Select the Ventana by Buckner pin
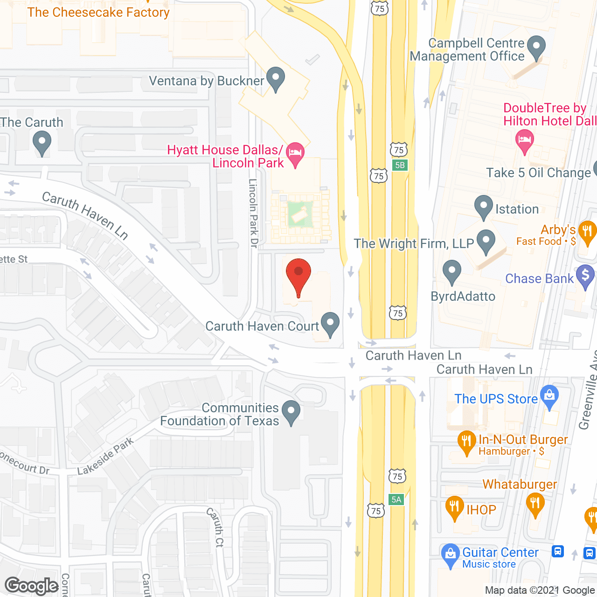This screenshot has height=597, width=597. pyautogui.click(x=276, y=79)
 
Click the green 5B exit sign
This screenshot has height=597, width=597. pyautogui.click(x=400, y=165)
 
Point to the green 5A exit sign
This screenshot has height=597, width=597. pyautogui.click(x=396, y=500)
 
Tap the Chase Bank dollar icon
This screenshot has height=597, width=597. pyautogui.click(x=585, y=276)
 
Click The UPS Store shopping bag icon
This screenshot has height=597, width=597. pyautogui.click(x=549, y=397)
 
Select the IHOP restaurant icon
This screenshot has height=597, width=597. pyautogui.click(x=454, y=508)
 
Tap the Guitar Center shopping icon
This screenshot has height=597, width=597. pyautogui.click(x=451, y=555)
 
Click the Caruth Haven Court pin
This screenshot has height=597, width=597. pyautogui.click(x=330, y=324)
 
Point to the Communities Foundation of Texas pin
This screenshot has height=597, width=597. pyautogui.click(x=292, y=412)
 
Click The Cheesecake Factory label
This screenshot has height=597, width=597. pyautogui.click(x=98, y=12)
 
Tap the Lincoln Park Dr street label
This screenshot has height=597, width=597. pyautogui.click(x=253, y=213)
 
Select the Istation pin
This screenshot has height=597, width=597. pyautogui.click(x=484, y=207)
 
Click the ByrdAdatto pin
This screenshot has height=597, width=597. pyautogui.click(x=451, y=271)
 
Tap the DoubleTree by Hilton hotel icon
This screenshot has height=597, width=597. pyautogui.click(x=525, y=141)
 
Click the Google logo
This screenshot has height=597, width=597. pyautogui.click(x=32, y=586)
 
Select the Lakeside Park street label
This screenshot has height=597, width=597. pyautogui.click(x=105, y=456)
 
